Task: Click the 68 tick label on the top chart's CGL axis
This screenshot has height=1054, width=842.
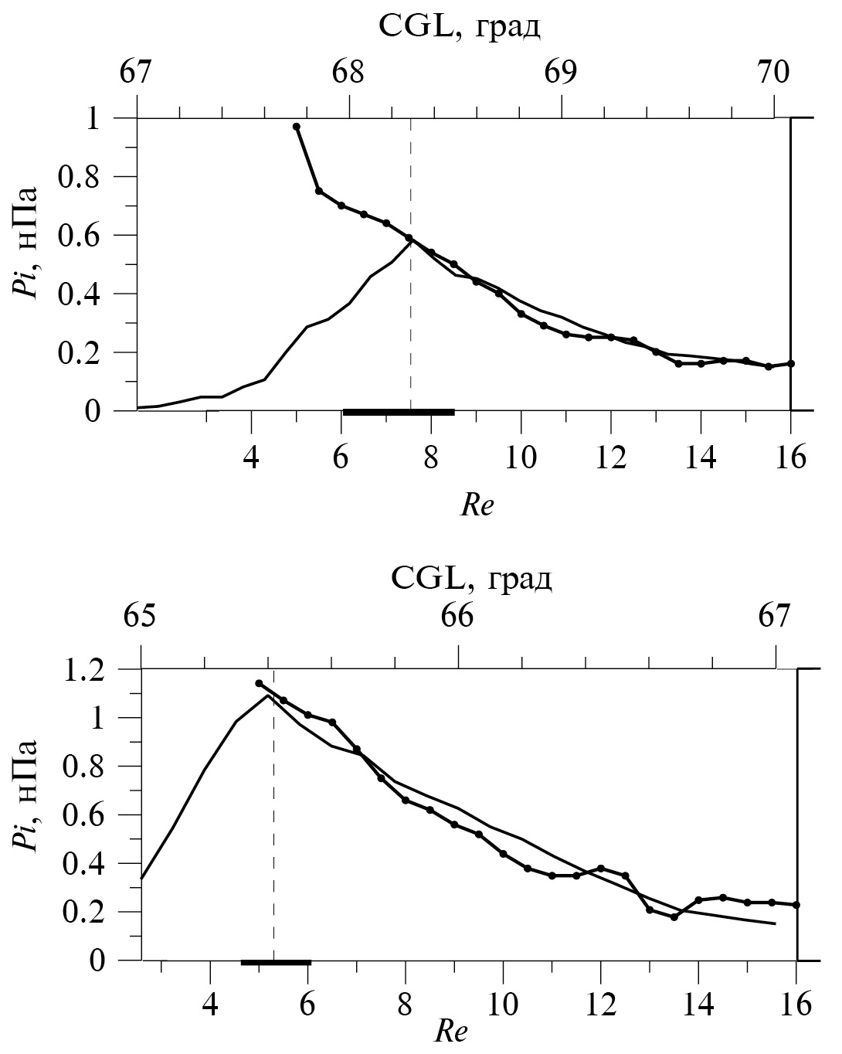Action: pos(348,73)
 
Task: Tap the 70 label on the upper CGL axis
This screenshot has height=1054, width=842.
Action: pos(773,73)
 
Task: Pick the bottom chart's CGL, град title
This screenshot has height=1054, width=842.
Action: pos(471,576)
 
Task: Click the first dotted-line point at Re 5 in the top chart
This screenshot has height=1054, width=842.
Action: pos(297,127)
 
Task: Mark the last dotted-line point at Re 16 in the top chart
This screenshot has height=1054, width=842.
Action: pos(791,363)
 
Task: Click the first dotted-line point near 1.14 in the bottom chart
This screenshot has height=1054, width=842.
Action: pos(259,683)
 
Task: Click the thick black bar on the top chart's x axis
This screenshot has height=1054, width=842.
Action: pos(399,413)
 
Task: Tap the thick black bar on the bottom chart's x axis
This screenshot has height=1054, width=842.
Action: pos(276,963)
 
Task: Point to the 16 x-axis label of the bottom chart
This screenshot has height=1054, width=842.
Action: pos(796,1005)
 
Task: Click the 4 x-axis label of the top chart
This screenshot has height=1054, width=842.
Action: pos(251,457)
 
